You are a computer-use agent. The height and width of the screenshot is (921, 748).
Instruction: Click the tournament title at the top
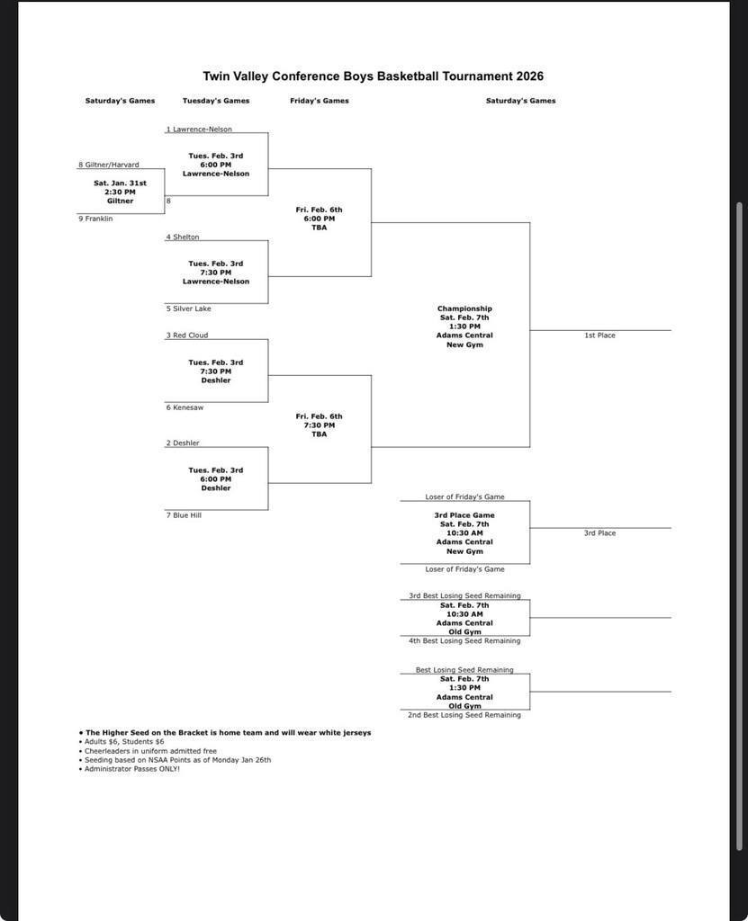(373, 76)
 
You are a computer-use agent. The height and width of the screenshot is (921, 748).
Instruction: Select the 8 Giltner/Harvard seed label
(109, 165)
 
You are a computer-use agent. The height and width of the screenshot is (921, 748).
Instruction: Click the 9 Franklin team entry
(95, 219)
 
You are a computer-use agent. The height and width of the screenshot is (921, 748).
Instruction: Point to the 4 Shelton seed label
(183, 237)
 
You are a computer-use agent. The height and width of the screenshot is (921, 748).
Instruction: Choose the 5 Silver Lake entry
(188, 308)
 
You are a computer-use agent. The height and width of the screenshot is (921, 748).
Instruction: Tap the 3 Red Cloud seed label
(186, 335)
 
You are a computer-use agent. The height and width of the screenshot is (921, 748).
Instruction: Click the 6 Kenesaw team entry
(185, 407)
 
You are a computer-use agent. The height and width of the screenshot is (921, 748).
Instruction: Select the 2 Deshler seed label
(183, 443)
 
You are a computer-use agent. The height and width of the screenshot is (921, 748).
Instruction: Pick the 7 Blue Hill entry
(184, 515)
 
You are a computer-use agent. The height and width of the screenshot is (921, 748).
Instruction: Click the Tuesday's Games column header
(216, 101)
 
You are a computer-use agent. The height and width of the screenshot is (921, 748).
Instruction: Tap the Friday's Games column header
(320, 101)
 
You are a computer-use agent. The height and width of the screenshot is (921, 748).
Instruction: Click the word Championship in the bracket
(464, 308)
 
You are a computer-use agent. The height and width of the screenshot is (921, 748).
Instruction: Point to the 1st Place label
(599, 335)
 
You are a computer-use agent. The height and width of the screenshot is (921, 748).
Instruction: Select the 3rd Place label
(599, 533)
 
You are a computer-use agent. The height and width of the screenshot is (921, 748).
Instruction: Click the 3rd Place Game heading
(464, 515)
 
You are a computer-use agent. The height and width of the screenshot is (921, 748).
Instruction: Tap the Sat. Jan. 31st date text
(120, 183)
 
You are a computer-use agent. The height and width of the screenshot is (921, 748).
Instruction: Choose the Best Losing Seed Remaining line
(464, 669)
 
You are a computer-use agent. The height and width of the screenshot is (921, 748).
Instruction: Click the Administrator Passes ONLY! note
(132, 769)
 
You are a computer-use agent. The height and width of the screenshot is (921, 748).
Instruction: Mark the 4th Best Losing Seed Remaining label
(464, 641)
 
